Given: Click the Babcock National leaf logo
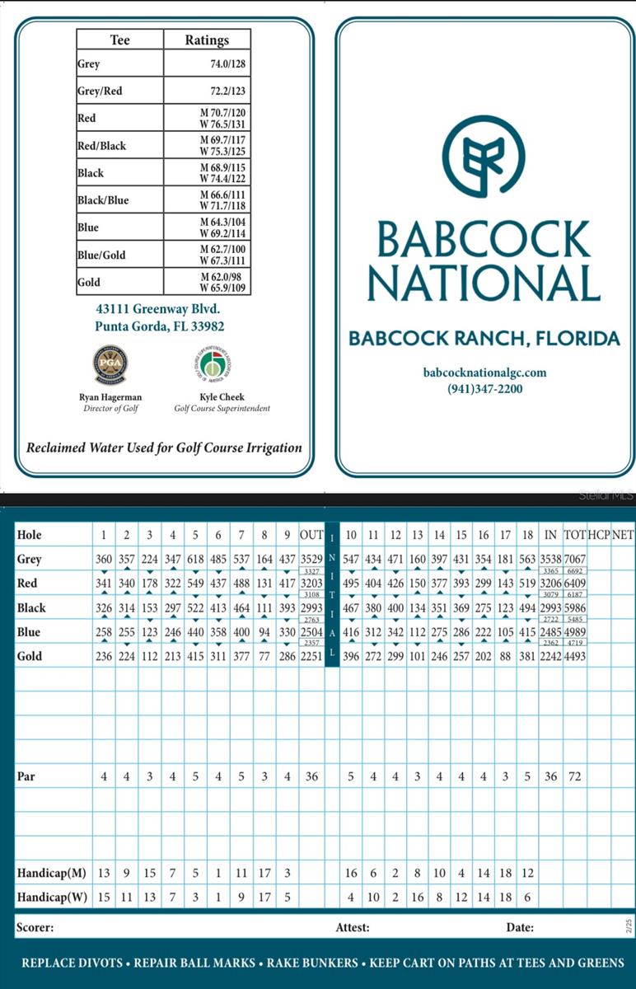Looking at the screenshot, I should click(483, 157).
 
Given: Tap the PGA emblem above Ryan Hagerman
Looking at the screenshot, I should click(110, 364).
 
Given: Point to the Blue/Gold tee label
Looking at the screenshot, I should click(101, 255).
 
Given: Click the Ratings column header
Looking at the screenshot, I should click(206, 40).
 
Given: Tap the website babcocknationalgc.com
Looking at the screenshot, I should click(484, 373).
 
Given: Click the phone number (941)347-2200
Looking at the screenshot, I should click(484, 389).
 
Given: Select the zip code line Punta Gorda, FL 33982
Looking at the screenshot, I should click(160, 326).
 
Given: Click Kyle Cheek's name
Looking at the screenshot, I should click(222, 396).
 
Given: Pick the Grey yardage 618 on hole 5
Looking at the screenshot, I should click(195, 560).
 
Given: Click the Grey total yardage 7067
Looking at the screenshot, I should click(575, 560).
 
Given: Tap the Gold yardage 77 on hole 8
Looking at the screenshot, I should click(264, 657).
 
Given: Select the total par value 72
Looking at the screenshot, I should click(575, 776).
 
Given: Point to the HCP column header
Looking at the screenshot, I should click(599, 535).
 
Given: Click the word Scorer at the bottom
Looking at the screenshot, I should click(35, 927).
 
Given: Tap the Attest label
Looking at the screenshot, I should click(353, 927).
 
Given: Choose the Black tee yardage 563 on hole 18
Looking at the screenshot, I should click(527, 560).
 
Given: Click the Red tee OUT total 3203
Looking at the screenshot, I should click(311, 584).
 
